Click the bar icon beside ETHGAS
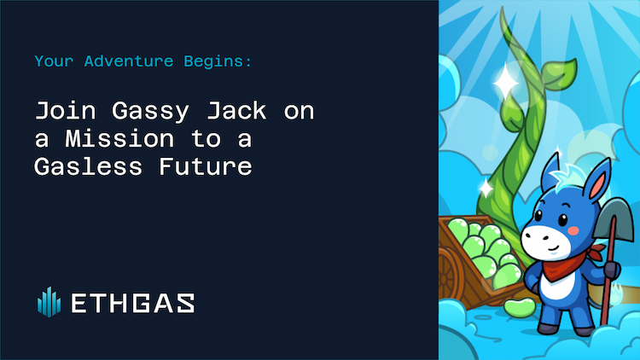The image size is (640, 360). click(x=49, y=301)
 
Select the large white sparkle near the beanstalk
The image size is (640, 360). click(x=505, y=83)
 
